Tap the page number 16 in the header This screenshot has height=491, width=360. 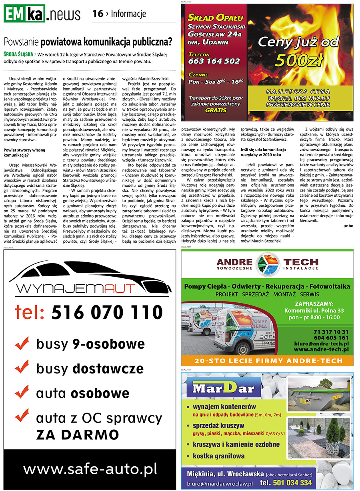[98, 14]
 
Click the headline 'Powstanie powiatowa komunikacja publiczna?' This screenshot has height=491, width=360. [88, 42]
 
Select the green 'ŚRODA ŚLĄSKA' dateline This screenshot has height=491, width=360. [18, 54]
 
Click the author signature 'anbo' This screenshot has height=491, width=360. [348, 226]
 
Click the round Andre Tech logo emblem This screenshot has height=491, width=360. [267, 264]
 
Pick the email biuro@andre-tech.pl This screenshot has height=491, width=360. [320, 343]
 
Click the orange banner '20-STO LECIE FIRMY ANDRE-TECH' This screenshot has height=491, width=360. [267, 361]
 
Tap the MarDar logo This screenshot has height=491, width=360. [226, 389]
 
